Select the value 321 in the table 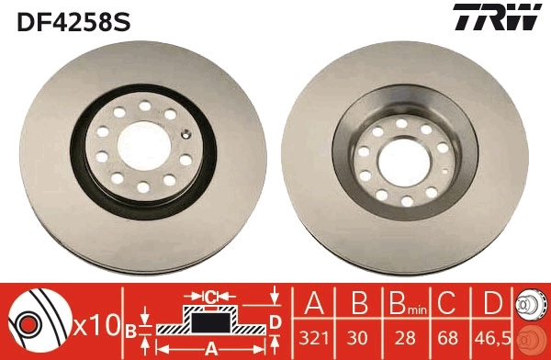(x=317, y=337)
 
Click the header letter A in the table (x=317, y=304)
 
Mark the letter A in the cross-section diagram (x=210, y=348)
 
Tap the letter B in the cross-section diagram (x=130, y=329)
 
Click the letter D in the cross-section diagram (x=274, y=321)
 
